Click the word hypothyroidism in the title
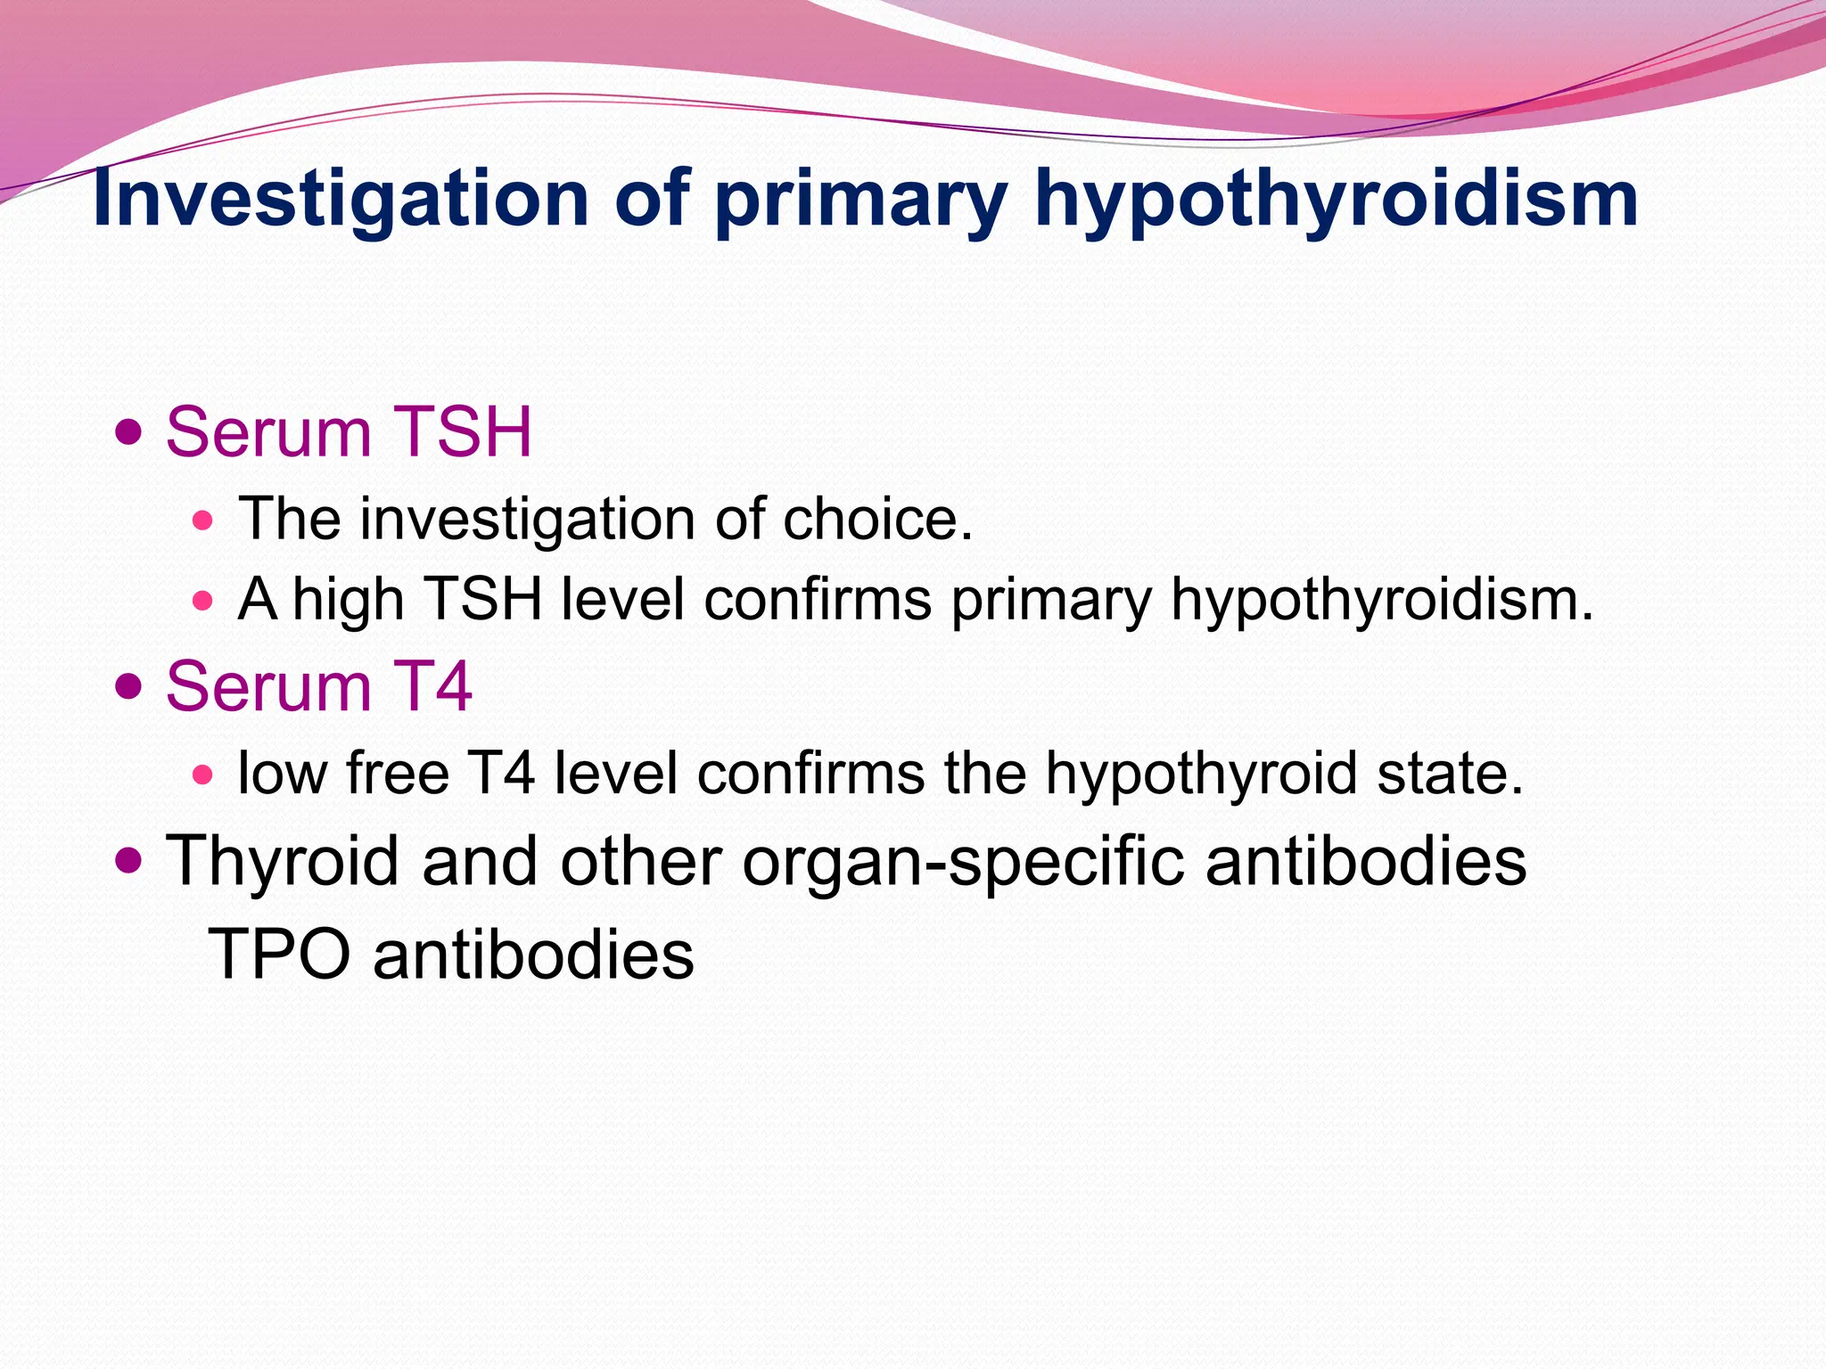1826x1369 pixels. point(1337,200)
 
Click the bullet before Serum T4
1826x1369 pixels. point(129,687)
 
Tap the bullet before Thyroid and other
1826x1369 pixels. point(129,861)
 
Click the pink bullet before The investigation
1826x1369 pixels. point(203,520)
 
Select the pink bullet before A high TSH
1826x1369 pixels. point(203,601)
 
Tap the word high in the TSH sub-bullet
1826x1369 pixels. point(349,600)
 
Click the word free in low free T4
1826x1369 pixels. point(398,773)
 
